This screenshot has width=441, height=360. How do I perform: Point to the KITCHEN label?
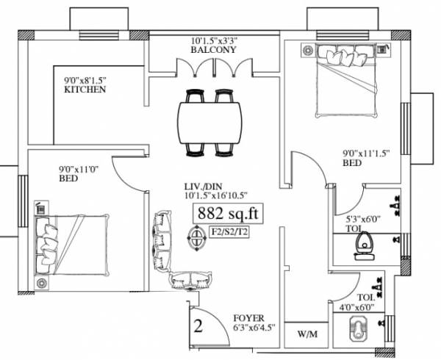(85, 90)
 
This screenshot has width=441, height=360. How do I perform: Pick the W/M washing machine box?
(307, 334)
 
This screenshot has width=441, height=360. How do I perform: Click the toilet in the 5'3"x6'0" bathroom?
(363, 244)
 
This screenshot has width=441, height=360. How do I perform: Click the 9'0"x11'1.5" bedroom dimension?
(365, 154)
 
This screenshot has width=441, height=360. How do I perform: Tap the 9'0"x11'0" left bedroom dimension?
(81, 168)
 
